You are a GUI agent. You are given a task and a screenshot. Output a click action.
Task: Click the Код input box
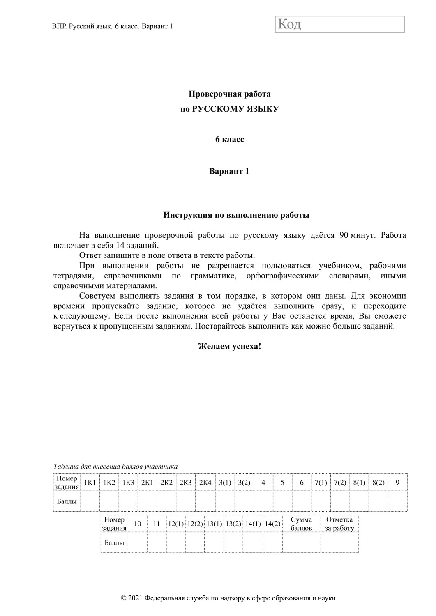[x=340, y=24]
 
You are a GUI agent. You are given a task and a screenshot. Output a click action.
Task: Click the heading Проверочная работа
[x=229, y=94]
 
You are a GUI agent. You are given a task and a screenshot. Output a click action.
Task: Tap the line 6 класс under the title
[x=229, y=139]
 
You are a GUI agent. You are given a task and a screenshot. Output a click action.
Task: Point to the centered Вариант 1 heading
[x=229, y=171]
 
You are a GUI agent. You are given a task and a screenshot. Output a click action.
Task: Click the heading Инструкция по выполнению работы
[x=236, y=215]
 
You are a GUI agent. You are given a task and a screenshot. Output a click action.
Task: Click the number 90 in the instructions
[x=344, y=236]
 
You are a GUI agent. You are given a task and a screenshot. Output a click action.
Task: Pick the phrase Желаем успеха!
[x=229, y=346]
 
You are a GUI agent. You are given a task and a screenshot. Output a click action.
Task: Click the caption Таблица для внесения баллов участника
[x=115, y=467]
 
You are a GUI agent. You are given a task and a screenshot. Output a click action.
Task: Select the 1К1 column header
[x=90, y=483]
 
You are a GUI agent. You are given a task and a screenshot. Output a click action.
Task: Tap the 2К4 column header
[x=205, y=483]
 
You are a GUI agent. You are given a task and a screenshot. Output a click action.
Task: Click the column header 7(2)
[x=340, y=483]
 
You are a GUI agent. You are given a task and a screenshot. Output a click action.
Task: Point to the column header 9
[x=397, y=483]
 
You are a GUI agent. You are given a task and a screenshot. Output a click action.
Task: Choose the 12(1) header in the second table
[x=176, y=524]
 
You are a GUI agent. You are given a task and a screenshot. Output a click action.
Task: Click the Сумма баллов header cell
[x=301, y=524]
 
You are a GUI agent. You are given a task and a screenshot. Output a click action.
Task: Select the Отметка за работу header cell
[x=339, y=524]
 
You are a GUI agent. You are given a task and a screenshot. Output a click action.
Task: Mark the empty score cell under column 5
[x=282, y=501]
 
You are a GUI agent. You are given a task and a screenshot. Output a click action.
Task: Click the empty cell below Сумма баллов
[x=301, y=543]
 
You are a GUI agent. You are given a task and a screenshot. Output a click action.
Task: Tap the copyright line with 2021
[x=228, y=598]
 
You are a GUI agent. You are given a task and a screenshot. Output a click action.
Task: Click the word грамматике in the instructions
[x=214, y=276]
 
